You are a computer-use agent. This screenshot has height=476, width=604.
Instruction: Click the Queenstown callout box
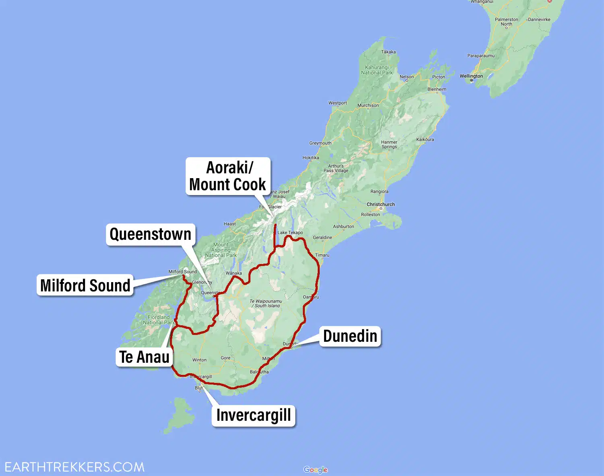[x=150, y=234]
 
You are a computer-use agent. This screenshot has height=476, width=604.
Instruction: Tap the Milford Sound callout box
[x=85, y=285]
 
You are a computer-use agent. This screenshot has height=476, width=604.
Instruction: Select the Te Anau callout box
[x=144, y=357]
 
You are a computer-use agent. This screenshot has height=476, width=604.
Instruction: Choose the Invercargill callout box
[x=253, y=415]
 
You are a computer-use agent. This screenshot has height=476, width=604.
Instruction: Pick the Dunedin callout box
[x=350, y=336]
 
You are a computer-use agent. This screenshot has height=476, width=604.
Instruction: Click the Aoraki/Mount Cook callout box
[x=228, y=176]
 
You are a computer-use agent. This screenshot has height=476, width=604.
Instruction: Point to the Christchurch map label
[x=381, y=204]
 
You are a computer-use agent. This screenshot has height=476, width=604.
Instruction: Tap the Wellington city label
[x=471, y=76]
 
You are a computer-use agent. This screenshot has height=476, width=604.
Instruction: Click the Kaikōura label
[x=425, y=139]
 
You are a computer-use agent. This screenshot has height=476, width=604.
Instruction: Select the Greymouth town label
[x=320, y=143]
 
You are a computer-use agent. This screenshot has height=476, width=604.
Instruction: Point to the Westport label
[x=337, y=103]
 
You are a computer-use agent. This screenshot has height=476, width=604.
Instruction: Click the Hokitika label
[x=310, y=158]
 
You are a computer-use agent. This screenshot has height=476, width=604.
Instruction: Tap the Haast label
[x=230, y=224]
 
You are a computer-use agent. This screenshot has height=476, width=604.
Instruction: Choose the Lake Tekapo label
[x=290, y=233]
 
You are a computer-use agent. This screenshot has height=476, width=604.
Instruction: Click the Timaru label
[x=322, y=255]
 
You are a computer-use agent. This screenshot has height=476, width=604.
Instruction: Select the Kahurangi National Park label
[x=377, y=70]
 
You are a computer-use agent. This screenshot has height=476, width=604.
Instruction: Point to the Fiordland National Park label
[x=159, y=320]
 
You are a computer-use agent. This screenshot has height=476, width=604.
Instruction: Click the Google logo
[x=315, y=470]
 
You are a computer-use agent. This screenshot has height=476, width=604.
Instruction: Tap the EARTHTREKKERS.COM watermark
[x=74, y=467]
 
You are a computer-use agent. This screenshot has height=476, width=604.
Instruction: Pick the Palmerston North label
[x=506, y=22]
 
